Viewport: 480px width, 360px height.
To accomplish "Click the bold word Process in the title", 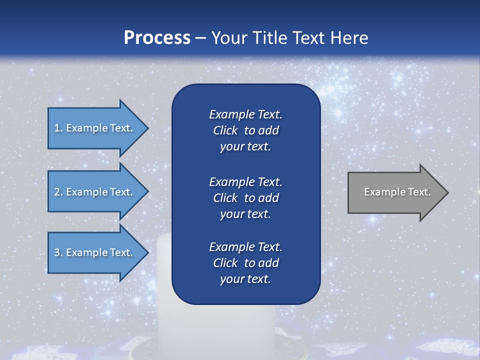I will pyautogui.click(x=157, y=38).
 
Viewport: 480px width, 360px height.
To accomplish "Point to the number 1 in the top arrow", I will pyautogui.click(x=57, y=128).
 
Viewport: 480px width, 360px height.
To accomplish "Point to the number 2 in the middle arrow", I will pyautogui.click(x=57, y=192).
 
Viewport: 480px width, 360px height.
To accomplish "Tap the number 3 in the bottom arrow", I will pyautogui.click(x=57, y=252).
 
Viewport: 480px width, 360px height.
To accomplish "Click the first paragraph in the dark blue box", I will pyautogui.click(x=245, y=130).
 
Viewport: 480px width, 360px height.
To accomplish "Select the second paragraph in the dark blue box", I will pyautogui.click(x=245, y=197).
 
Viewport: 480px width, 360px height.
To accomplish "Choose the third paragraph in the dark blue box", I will pyautogui.click(x=245, y=263).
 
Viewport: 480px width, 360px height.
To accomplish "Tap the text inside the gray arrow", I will pyautogui.click(x=397, y=192).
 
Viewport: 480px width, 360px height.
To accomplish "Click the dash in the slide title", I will pyautogui.click(x=201, y=38).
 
